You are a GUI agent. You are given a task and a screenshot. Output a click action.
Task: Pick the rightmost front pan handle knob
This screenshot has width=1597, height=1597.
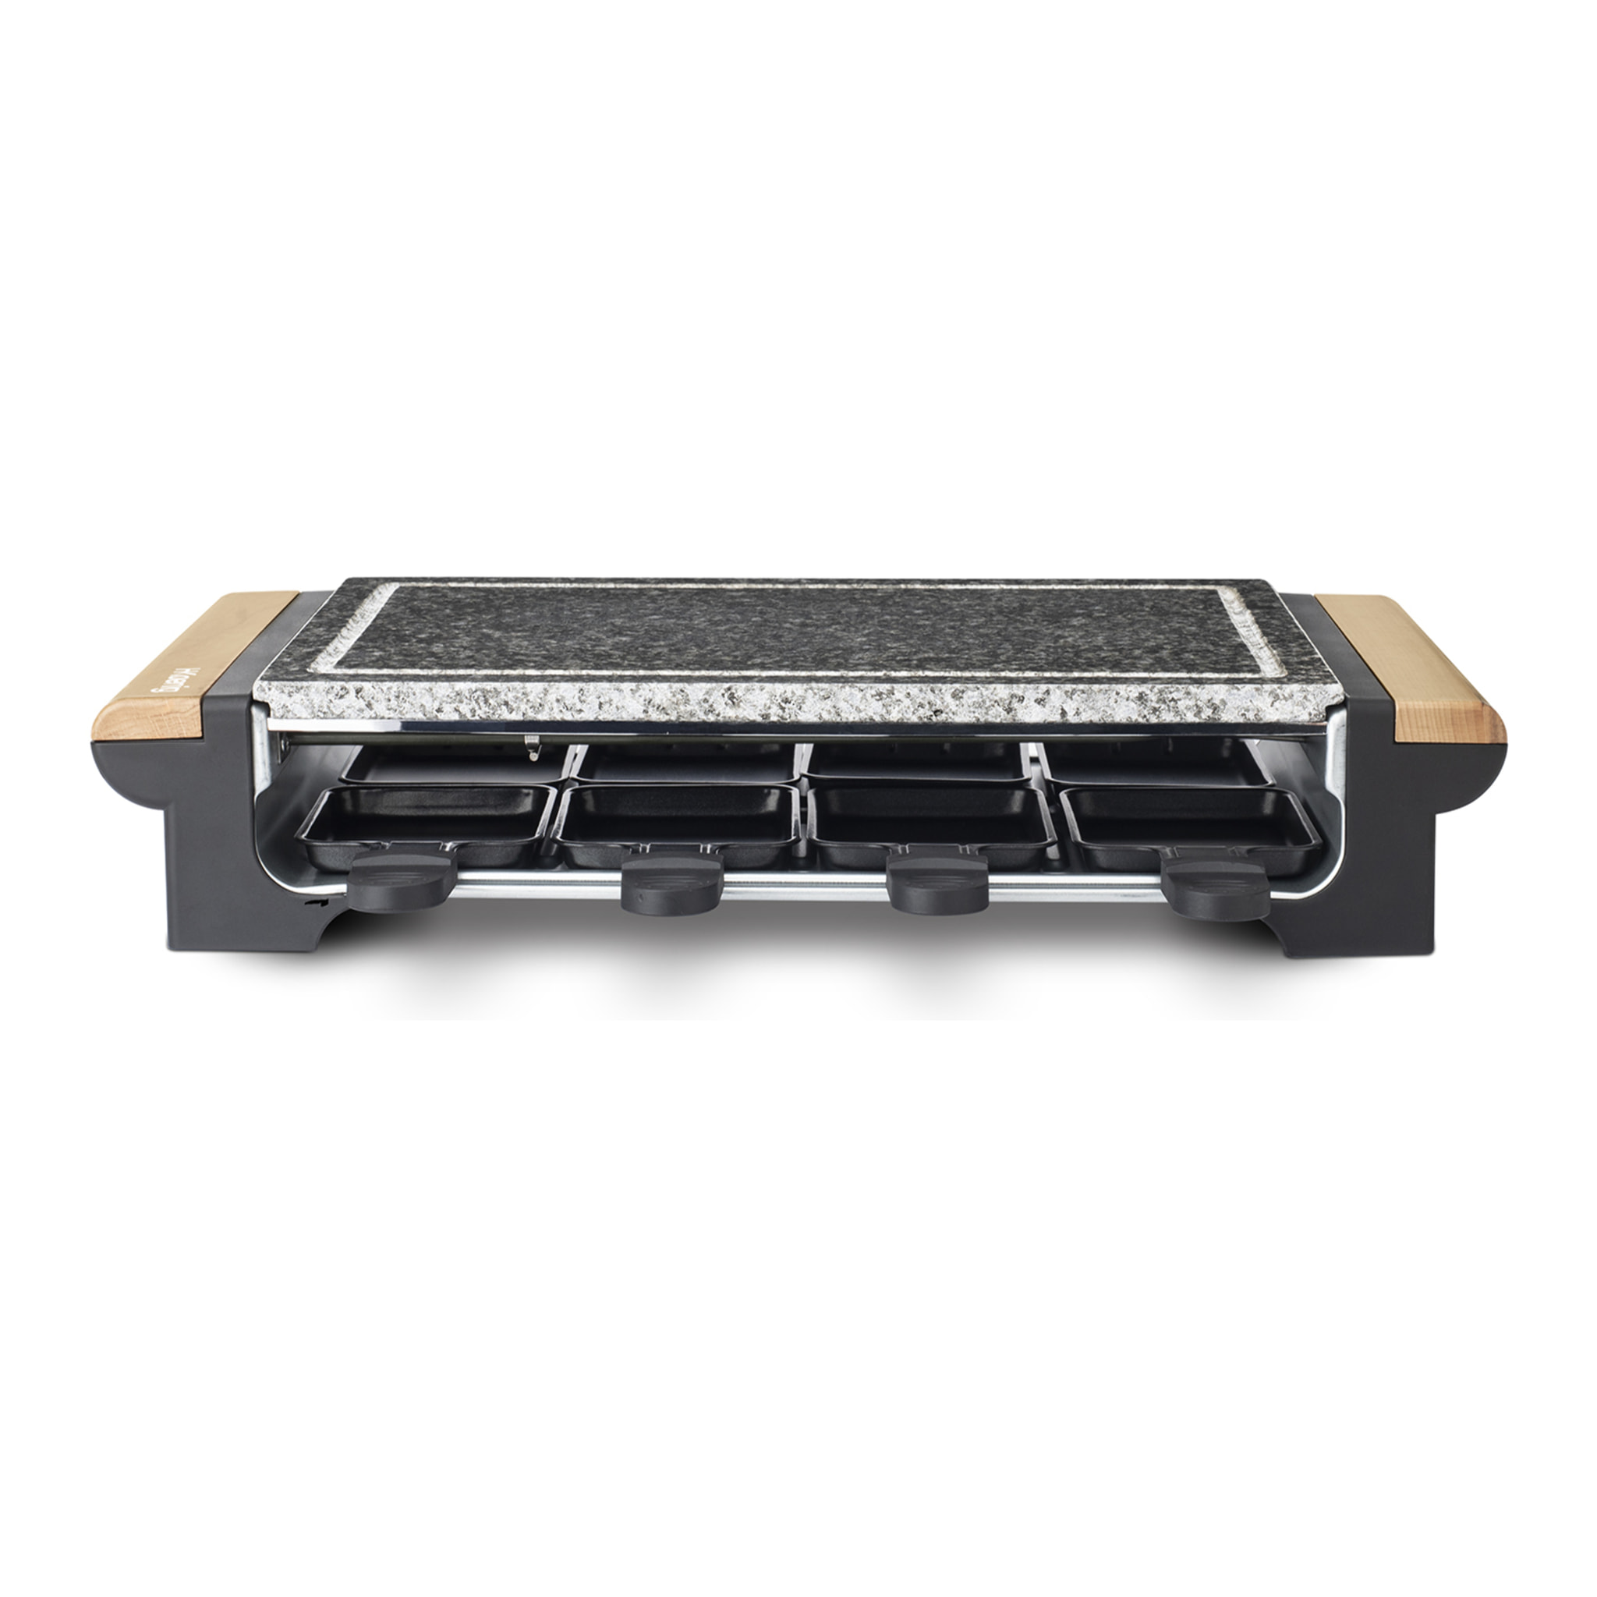[1209, 878]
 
